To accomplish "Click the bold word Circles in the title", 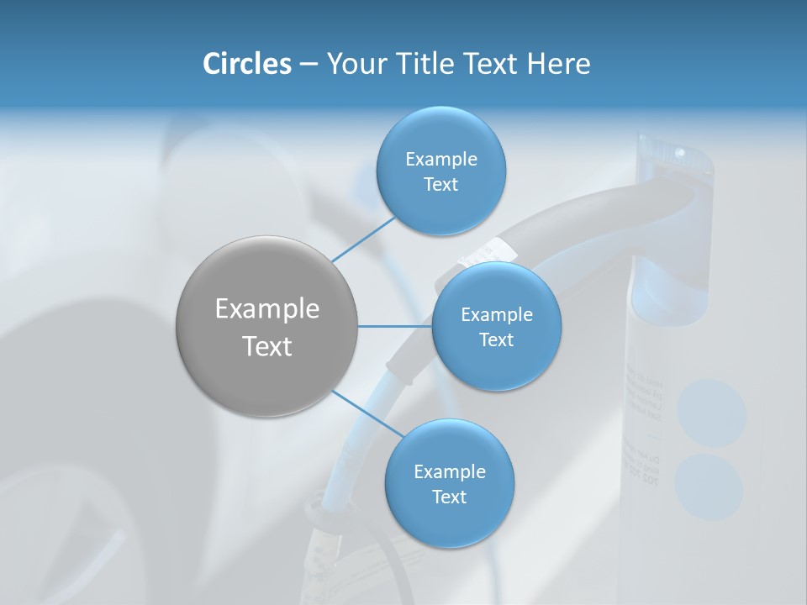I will [247, 64].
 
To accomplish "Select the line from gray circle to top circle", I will [363, 238].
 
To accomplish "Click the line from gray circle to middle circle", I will [395, 326].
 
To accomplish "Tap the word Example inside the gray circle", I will [267, 309].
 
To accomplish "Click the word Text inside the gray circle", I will [267, 346].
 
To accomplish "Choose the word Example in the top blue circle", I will [441, 159].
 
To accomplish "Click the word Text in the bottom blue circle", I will [449, 497].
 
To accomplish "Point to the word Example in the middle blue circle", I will [497, 314].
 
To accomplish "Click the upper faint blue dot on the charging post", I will [712, 413].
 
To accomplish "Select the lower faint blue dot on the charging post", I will [709, 487].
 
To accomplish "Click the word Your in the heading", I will [352, 64].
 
